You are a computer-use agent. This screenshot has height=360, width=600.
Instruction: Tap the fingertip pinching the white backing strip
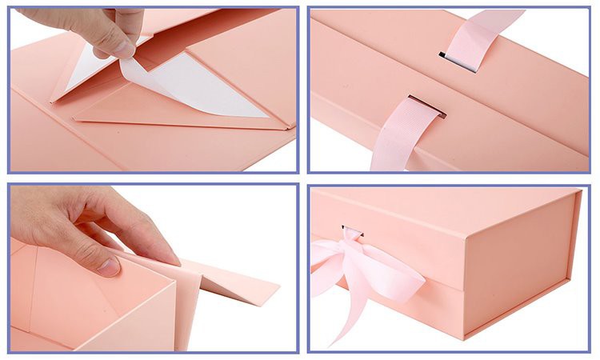tap(123, 50)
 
